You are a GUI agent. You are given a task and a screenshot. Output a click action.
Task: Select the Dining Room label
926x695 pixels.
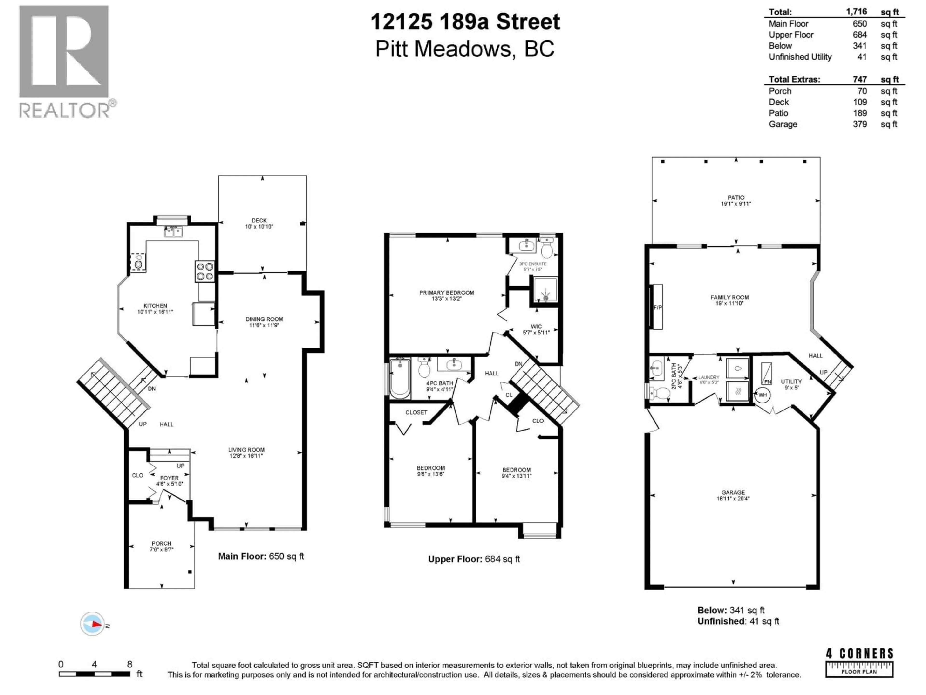click(x=264, y=319)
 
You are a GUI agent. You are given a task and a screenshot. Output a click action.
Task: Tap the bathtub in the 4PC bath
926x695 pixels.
click(x=400, y=379)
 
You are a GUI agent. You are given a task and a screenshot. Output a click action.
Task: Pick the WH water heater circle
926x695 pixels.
click(x=762, y=395)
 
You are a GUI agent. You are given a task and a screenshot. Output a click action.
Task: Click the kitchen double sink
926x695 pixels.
click(x=174, y=231)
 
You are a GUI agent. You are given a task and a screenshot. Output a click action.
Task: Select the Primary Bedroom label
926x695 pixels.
click(x=447, y=293)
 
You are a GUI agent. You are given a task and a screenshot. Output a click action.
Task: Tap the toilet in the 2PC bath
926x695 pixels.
click(x=660, y=393)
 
